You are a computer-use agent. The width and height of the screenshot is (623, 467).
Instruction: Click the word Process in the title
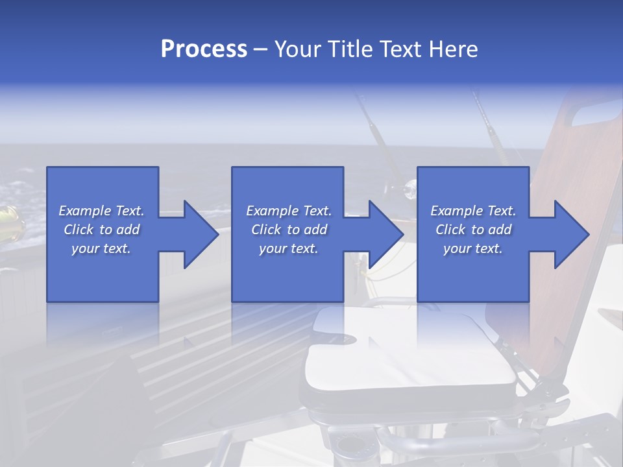tap(204, 49)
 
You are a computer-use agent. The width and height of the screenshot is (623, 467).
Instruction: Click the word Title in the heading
tap(350, 49)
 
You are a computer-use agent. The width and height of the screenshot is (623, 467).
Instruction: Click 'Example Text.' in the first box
tap(101, 211)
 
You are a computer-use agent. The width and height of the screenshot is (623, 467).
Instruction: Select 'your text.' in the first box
tap(101, 248)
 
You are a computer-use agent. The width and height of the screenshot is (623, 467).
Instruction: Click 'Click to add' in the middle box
tap(289, 230)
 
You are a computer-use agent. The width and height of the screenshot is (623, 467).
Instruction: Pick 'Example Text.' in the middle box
tap(289, 211)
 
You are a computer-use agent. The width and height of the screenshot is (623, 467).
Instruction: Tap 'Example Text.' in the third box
tap(473, 211)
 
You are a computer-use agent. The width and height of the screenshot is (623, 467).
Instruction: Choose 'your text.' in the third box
tap(473, 248)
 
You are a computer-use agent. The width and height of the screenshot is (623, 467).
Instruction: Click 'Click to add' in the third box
tap(473, 230)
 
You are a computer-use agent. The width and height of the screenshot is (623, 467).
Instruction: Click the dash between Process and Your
tap(261, 50)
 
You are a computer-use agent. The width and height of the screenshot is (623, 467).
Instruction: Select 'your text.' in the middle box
tap(289, 248)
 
